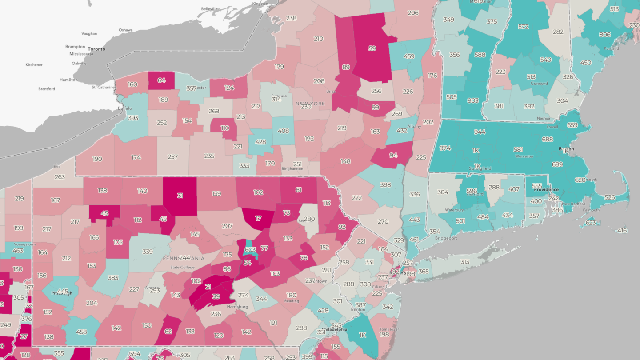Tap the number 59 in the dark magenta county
pos(372,48)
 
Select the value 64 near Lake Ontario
pos(161,80)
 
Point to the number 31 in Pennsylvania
pos(180,196)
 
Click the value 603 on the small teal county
pos(250,250)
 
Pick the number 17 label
pos(258,218)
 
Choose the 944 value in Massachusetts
pos(480,132)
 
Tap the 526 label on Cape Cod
pos(610,197)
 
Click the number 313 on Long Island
pos(465,262)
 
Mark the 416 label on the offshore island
pos(622,231)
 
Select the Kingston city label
pos(260,4)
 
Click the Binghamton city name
pos(292,169)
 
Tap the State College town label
pos(182,267)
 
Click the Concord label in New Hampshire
pos(539,83)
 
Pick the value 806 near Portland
pos(604,35)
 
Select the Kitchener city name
pos(34,65)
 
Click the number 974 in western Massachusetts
pos(445,148)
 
